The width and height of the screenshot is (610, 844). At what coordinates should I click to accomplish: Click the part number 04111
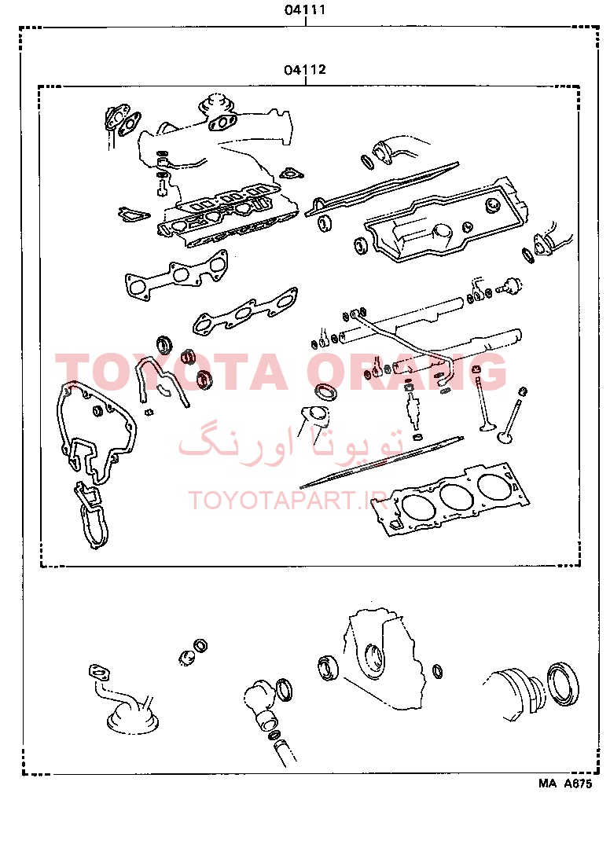click(305, 9)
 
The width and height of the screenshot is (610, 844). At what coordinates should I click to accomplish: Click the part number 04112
click(305, 69)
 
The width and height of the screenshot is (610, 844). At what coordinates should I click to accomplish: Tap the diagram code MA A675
click(564, 783)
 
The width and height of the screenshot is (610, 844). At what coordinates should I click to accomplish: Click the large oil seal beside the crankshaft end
click(563, 684)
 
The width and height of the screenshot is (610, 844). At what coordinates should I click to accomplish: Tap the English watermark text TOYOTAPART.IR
click(286, 501)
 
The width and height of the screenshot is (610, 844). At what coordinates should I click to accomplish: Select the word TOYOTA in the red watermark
click(171, 372)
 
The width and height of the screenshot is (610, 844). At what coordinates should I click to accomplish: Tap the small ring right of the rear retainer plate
click(439, 671)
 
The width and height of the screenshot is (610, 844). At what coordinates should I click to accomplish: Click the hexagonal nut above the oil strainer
click(200, 645)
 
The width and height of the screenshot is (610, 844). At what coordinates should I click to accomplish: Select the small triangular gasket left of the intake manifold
click(133, 214)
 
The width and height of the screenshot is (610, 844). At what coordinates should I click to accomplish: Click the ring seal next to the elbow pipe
click(285, 690)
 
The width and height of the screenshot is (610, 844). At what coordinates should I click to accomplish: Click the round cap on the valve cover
click(493, 205)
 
